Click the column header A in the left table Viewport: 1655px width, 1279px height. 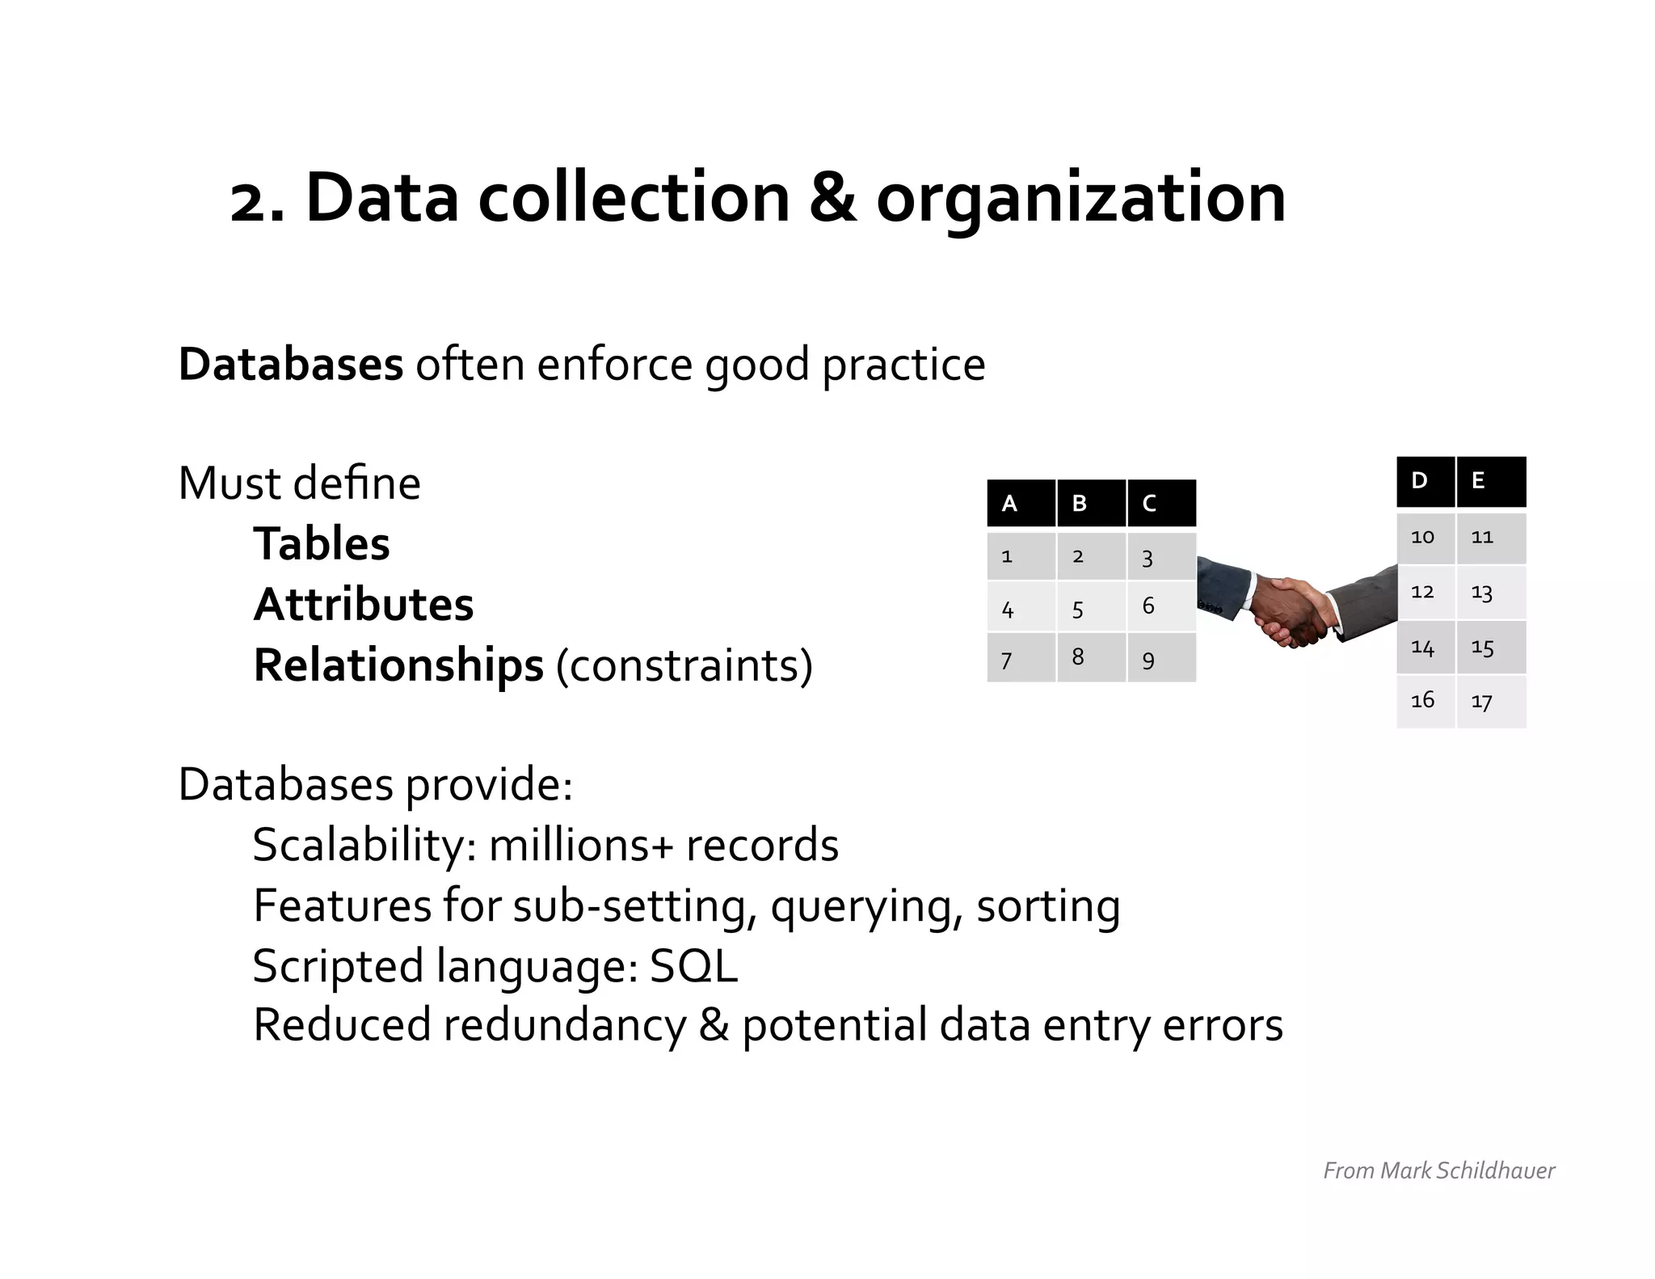[x=1021, y=503]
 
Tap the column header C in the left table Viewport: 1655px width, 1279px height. [x=1161, y=503]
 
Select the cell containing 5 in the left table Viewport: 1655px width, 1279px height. [x=1091, y=606]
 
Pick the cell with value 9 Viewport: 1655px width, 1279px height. [x=1161, y=658]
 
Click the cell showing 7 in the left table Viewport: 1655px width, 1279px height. [x=1021, y=658]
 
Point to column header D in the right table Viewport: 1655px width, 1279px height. [x=1425, y=481]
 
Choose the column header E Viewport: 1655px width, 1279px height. [x=1491, y=481]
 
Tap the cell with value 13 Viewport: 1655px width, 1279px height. [x=1491, y=593]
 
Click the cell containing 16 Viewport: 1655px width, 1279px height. [x=1425, y=701]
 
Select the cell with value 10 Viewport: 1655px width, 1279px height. [x=1425, y=538]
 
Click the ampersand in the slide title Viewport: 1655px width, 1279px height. [x=832, y=198]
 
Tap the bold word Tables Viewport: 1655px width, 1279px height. [x=322, y=543]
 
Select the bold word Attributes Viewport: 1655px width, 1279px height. [x=364, y=604]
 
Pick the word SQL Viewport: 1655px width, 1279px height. [x=693, y=965]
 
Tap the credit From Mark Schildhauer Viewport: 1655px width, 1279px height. [x=1438, y=1171]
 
